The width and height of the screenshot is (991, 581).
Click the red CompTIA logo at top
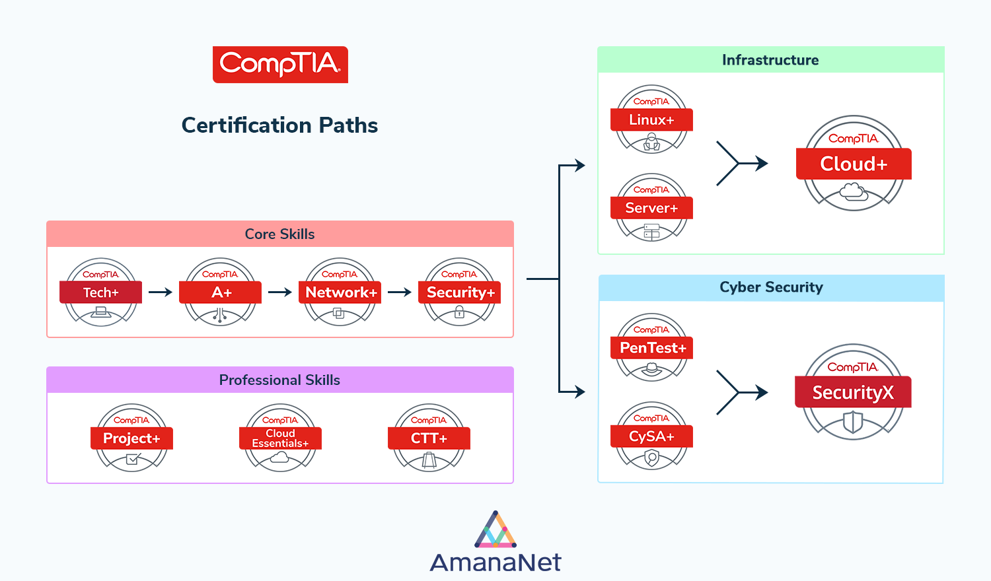click(x=280, y=64)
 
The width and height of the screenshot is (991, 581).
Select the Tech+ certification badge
click(x=101, y=292)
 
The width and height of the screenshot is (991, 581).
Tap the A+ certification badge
click(x=221, y=292)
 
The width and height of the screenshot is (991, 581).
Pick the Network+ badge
click(x=340, y=292)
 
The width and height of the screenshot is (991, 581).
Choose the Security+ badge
click(x=460, y=292)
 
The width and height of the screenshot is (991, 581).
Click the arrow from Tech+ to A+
click(x=161, y=292)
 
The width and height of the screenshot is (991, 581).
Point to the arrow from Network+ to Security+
click(x=400, y=292)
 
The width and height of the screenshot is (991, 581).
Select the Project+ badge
click(x=131, y=438)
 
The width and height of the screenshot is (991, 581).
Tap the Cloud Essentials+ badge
click(x=280, y=438)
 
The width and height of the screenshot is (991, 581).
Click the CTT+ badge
click(x=429, y=438)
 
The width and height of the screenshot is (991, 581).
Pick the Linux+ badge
click(x=651, y=120)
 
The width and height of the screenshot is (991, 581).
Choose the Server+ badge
click(x=651, y=208)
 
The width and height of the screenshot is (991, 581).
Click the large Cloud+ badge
click(x=854, y=164)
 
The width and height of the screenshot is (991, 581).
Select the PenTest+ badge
click(x=651, y=348)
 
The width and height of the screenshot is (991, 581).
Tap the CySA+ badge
click(x=651, y=436)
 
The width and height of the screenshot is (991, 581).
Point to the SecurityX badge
click(x=853, y=392)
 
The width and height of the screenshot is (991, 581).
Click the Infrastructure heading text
click(x=770, y=60)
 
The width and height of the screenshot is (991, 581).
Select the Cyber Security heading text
click(x=771, y=287)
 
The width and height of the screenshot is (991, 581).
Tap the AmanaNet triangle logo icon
click(x=495, y=530)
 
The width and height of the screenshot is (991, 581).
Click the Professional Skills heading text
click(x=279, y=380)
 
